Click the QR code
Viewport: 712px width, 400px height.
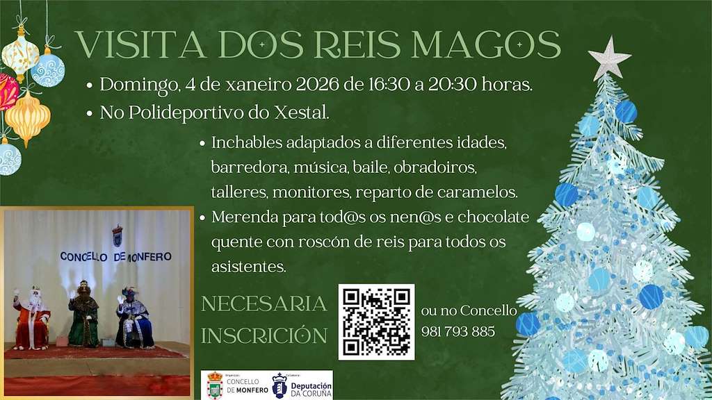pos(376,322)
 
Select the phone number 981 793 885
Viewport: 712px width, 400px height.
pos(458,332)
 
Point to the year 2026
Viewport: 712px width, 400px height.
pos(320,85)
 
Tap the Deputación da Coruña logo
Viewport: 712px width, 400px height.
pos(302,385)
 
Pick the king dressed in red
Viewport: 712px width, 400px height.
pos(32,317)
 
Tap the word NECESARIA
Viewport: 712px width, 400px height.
pos(264,304)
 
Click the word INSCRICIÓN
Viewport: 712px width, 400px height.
pos(264,336)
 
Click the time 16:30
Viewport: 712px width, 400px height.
pos(390,85)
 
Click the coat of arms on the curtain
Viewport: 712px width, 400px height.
pos(117,235)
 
